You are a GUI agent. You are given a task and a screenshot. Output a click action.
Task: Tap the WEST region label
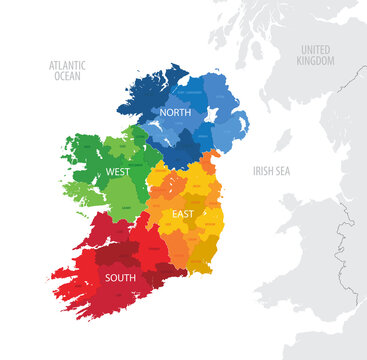(x=117, y=172)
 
